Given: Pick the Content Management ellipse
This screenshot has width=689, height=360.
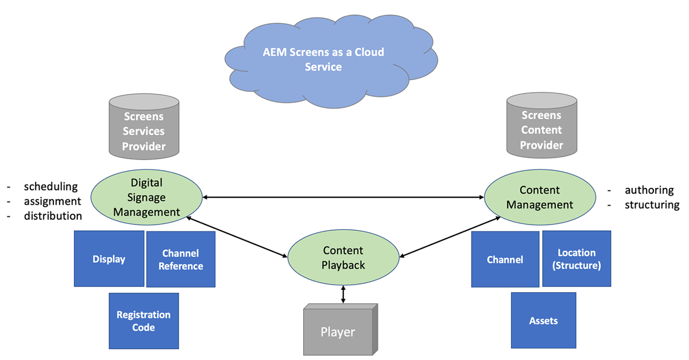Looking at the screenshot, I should [x=539, y=197].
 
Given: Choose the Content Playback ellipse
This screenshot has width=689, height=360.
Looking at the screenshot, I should [x=343, y=258].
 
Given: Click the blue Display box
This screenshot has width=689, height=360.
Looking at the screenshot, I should [x=109, y=259].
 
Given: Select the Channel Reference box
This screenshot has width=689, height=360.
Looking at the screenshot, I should [x=181, y=260].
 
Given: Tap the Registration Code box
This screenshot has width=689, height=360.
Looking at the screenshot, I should [x=144, y=321].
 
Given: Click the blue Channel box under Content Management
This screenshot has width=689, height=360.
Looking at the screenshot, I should [x=505, y=260].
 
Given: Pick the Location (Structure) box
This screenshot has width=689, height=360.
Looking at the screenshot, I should [x=576, y=259].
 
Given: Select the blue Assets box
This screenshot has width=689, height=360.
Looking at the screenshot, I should [x=543, y=320].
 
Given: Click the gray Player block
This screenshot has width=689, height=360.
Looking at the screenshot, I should [x=339, y=331].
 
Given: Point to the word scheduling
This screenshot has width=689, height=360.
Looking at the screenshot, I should [x=51, y=187].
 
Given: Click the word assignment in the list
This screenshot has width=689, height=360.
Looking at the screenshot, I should [x=52, y=202].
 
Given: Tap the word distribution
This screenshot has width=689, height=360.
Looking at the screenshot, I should [x=53, y=216].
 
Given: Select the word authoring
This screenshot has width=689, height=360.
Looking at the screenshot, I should [x=649, y=191].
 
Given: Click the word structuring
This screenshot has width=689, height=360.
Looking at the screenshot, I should [x=652, y=205].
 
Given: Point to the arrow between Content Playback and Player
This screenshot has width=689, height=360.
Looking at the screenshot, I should [x=343, y=293].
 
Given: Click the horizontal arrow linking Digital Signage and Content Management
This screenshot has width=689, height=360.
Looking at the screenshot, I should [x=343, y=198].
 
